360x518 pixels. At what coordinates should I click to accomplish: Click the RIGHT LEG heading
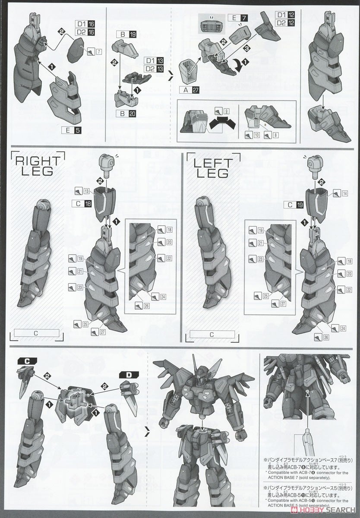point(35,165)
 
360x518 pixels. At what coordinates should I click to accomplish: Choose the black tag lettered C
point(26,361)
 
